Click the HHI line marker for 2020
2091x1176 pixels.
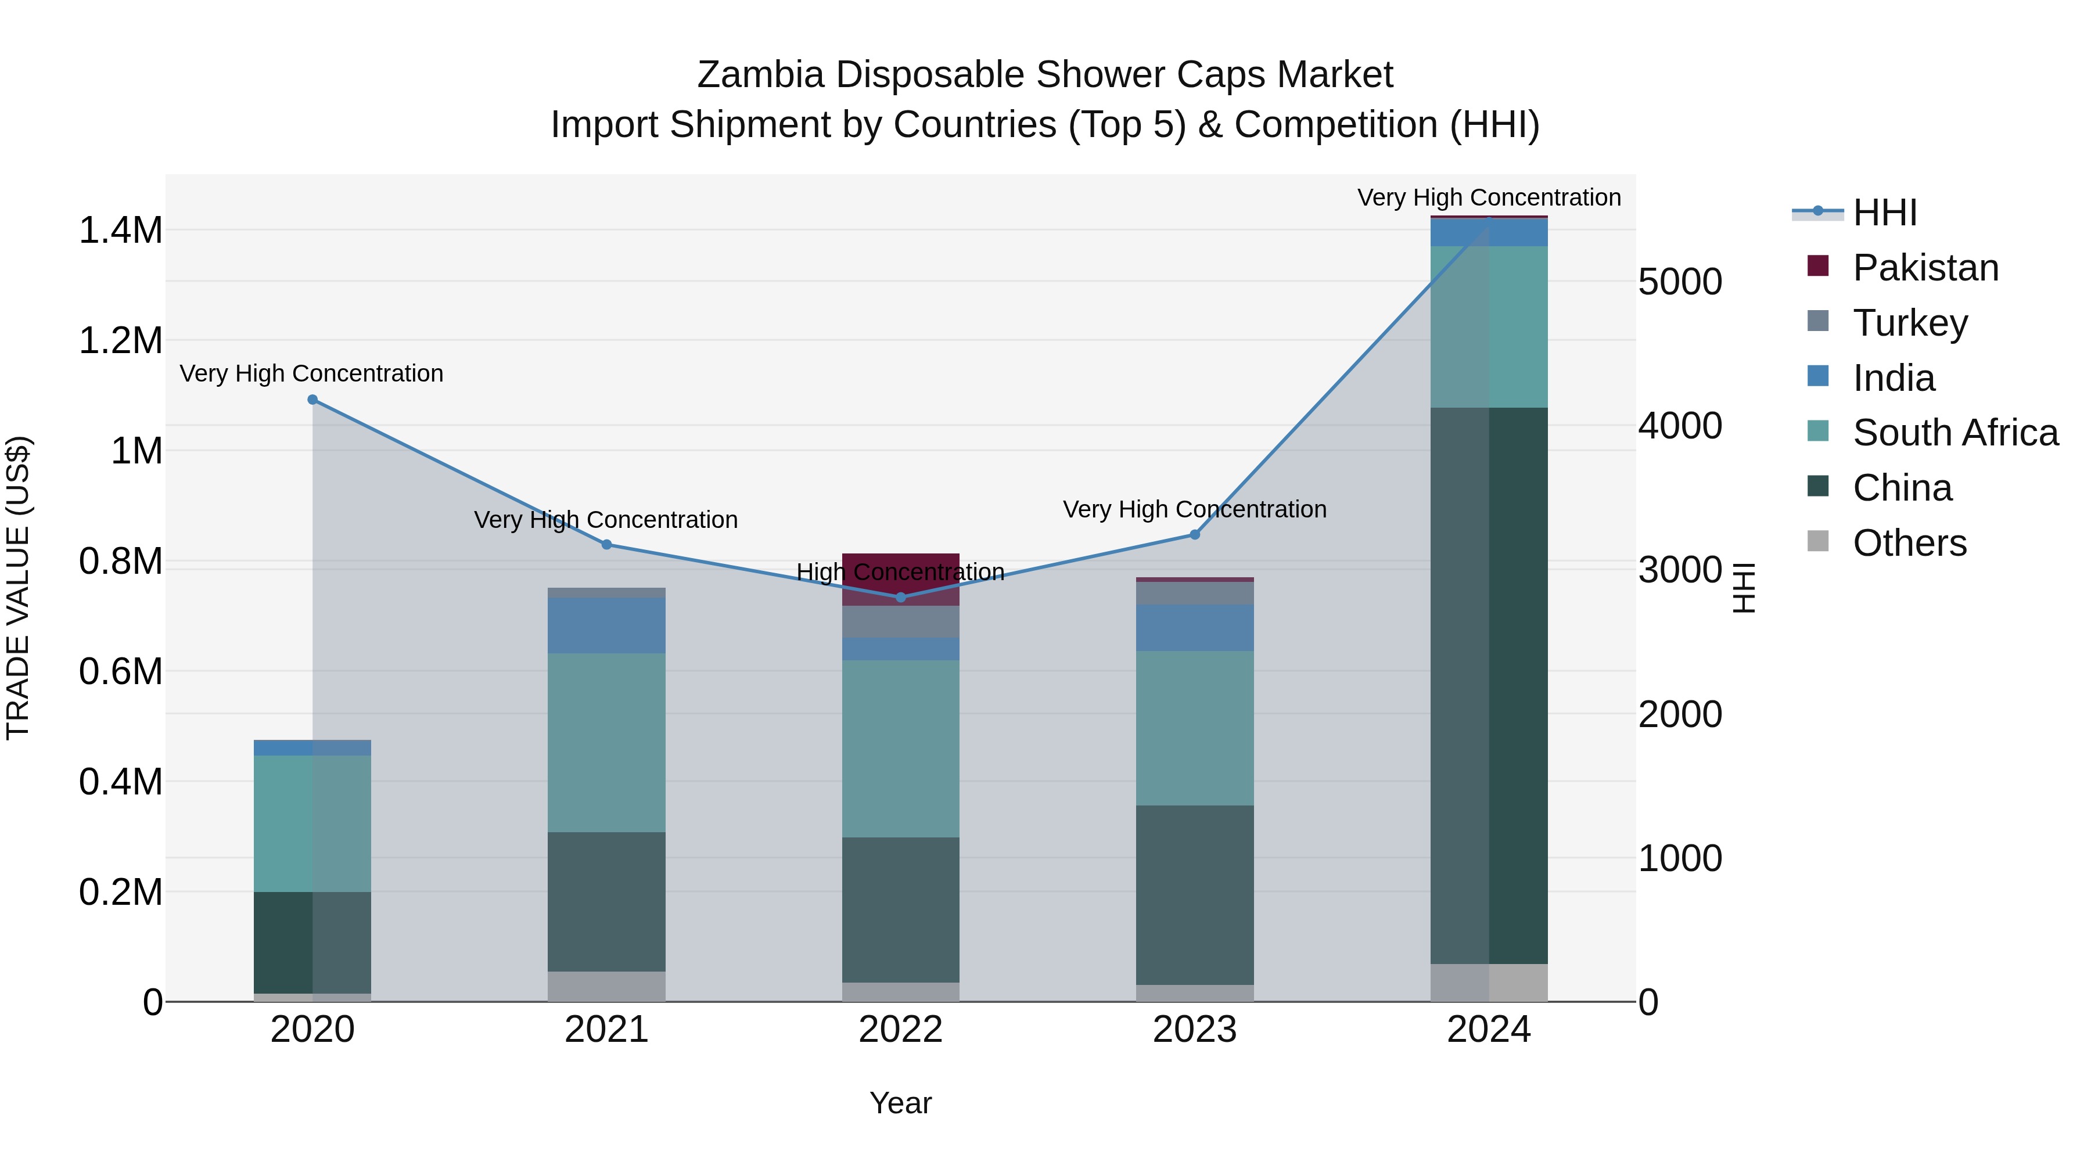coord(312,400)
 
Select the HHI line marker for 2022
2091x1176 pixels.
coord(900,598)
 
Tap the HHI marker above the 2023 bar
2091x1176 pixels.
coord(1194,534)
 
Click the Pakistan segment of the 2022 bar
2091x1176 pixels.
coord(900,578)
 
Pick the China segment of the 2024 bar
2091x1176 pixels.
coord(1489,686)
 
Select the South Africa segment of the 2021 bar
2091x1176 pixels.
coord(606,743)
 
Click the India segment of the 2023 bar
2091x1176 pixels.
coord(1194,627)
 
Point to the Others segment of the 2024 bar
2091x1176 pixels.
coord(1489,982)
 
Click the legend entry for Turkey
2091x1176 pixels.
coord(1909,322)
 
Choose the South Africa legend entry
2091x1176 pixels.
coord(1955,433)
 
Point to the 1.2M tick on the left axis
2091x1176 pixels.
coord(120,341)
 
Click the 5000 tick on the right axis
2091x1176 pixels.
coord(1679,282)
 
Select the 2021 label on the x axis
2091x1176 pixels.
coord(606,1030)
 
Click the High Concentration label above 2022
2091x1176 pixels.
coord(900,572)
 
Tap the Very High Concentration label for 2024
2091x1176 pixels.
coord(1489,197)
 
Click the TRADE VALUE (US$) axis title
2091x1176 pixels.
coord(18,588)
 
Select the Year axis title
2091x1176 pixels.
coord(900,1103)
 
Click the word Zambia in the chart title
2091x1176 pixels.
coord(760,75)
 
